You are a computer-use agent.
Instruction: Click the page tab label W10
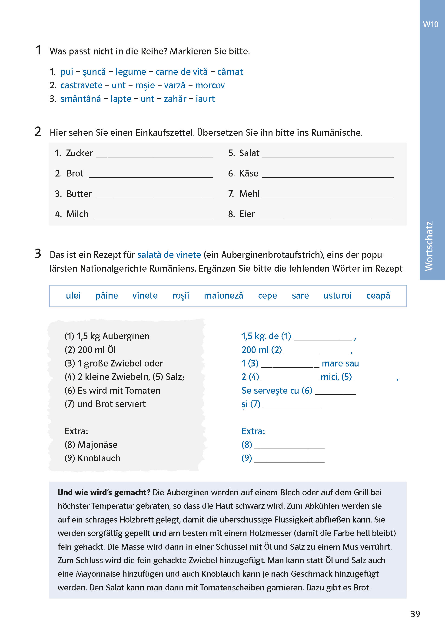pos(431,24)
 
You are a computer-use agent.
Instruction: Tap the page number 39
pos(415,614)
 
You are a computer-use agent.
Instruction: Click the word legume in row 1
pos(131,72)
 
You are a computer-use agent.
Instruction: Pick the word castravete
pos(81,85)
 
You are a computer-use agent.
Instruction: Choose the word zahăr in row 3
pos(175,99)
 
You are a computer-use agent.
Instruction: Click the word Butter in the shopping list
pos(79,194)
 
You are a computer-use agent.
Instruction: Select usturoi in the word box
pos(337,296)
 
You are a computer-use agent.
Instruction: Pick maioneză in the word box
pos(223,296)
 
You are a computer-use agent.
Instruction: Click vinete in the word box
pos(145,296)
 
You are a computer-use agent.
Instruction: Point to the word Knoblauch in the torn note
pos(99,458)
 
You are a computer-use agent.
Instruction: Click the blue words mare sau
pos(340,363)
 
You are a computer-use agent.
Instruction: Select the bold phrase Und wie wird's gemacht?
pos(104,493)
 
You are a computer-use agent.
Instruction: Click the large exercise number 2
pos(38,132)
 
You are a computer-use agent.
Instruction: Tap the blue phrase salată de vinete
pos(169,255)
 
